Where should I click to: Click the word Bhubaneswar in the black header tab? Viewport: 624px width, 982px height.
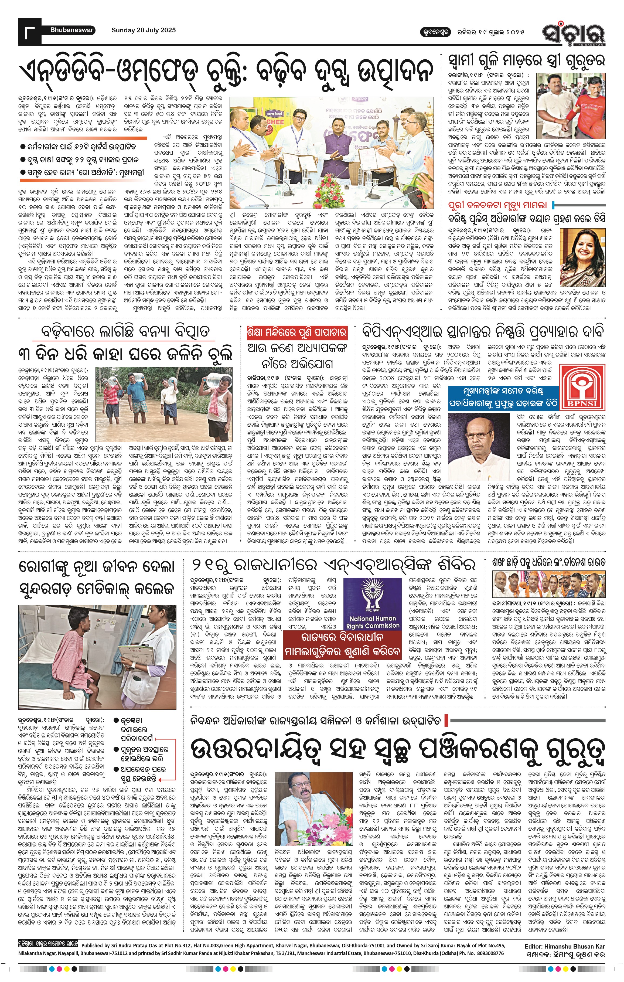point(72,30)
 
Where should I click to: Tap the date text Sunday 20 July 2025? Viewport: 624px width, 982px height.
point(144,30)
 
